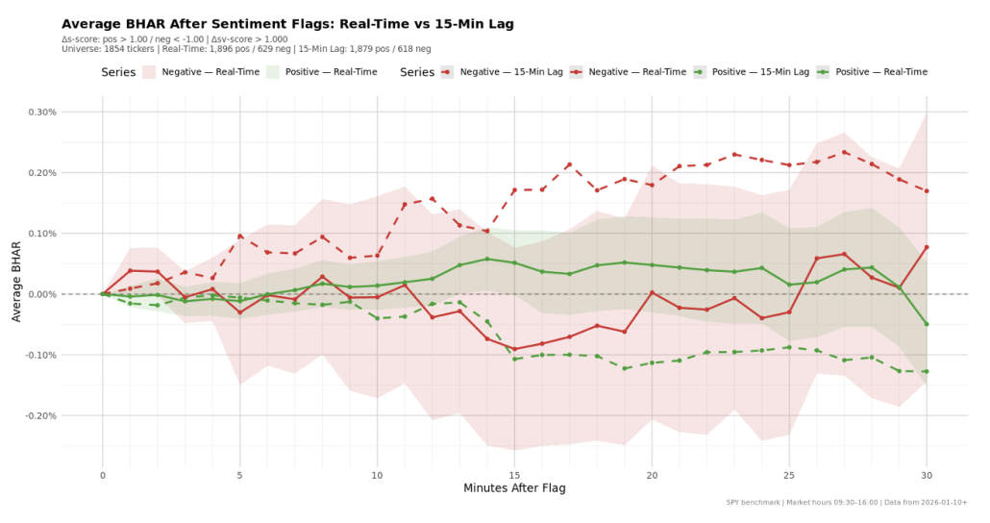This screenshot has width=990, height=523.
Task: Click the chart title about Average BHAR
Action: (287, 23)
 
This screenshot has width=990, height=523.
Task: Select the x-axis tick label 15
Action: (514, 474)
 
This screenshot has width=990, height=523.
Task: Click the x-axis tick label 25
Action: (789, 474)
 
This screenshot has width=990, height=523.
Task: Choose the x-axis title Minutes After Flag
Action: (514, 488)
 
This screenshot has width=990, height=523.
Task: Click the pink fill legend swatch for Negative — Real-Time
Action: (149, 72)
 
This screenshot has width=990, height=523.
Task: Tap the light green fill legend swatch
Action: (272, 72)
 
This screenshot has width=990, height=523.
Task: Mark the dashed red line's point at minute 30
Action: (927, 190)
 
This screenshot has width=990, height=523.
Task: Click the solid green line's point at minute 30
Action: (927, 324)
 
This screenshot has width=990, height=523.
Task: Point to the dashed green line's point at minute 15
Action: (514, 360)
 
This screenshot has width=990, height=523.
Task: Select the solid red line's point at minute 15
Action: (514, 349)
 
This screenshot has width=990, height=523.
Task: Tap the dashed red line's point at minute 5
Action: (240, 236)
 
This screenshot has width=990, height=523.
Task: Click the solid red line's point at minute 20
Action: (652, 292)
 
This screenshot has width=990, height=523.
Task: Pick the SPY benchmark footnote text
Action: (847, 502)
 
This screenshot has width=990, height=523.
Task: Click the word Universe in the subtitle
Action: (81, 48)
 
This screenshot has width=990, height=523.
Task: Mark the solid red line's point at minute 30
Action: (927, 247)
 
